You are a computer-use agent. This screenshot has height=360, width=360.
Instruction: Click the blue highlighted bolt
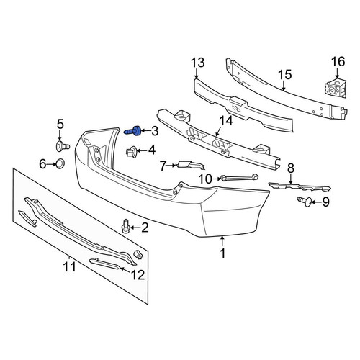click(x=132, y=131)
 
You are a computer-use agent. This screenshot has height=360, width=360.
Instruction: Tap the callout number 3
click(x=155, y=131)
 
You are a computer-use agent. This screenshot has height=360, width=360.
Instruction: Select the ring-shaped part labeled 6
click(x=60, y=163)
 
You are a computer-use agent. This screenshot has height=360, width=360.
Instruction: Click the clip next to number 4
click(x=132, y=151)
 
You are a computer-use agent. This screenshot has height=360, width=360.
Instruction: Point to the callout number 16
click(x=338, y=61)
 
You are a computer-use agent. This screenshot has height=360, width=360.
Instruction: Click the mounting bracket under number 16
click(x=336, y=89)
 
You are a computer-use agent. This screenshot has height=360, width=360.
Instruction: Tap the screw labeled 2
click(x=126, y=227)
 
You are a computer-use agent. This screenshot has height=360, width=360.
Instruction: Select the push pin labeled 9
click(x=305, y=202)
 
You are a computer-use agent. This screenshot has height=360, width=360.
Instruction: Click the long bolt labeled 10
click(x=239, y=178)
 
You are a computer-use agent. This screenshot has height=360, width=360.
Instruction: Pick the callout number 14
click(x=225, y=121)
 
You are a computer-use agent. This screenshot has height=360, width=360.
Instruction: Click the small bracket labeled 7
click(x=191, y=165)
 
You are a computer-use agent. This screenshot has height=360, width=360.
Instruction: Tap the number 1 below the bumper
click(x=223, y=253)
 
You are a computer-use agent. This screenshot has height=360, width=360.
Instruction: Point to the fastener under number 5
click(x=63, y=146)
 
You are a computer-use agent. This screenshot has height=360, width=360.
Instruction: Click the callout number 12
click(x=138, y=275)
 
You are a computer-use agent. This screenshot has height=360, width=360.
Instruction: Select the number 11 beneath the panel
click(x=69, y=267)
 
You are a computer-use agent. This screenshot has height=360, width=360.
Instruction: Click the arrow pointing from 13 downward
click(x=197, y=73)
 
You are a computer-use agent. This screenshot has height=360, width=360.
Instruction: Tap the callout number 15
click(x=285, y=75)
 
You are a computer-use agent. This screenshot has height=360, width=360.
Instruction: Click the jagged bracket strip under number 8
click(x=300, y=186)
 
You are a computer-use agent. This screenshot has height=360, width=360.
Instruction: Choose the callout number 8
click(x=291, y=168)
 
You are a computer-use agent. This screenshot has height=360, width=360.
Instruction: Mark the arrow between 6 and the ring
click(x=51, y=164)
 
